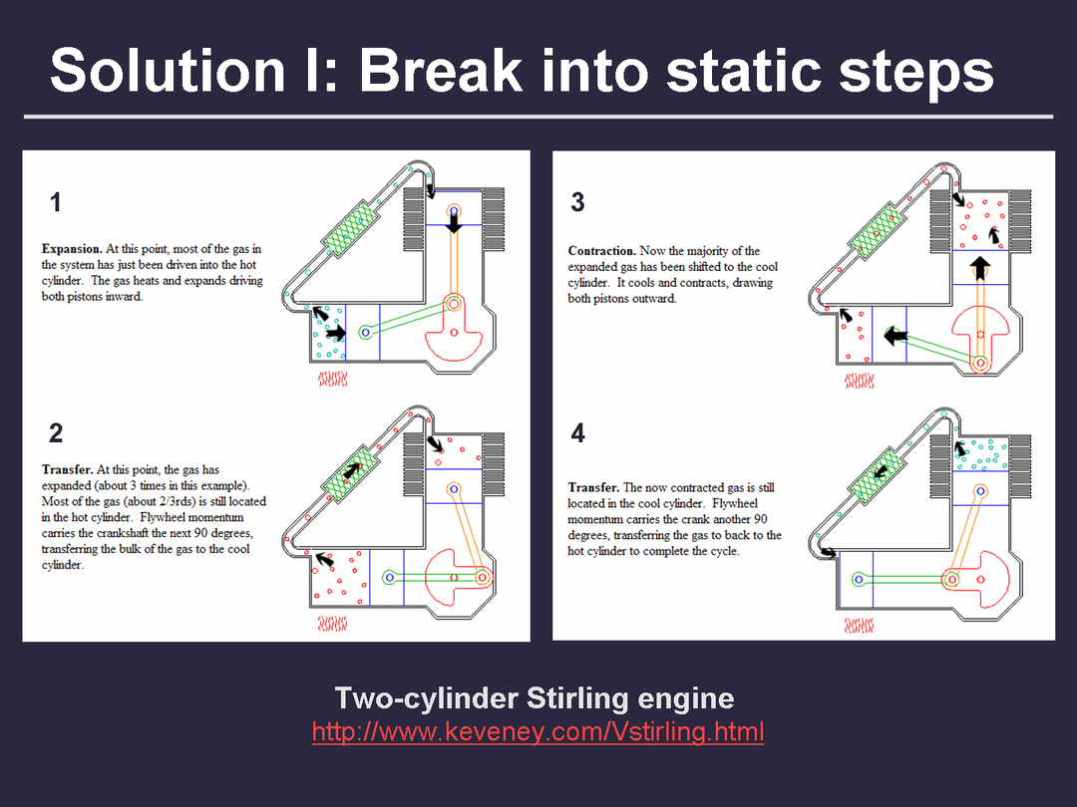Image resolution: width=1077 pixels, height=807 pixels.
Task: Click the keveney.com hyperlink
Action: click(x=538, y=732)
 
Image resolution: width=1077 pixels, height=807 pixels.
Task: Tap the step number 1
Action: click(x=56, y=202)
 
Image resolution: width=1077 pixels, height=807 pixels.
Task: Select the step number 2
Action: click(x=56, y=433)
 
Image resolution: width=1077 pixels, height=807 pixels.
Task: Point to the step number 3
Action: click(x=577, y=202)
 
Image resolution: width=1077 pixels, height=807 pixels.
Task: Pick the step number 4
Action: click(x=577, y=433)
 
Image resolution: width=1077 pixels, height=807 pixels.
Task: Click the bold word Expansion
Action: click(x=72, y=249)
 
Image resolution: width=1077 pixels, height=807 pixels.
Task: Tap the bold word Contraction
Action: click(x=601, y=251)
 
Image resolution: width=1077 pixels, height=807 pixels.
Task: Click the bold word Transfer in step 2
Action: click(x=68, y=470)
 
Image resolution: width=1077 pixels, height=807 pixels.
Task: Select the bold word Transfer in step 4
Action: click(x=594, y=488)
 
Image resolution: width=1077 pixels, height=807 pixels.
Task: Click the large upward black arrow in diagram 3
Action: click(x=981, y=268)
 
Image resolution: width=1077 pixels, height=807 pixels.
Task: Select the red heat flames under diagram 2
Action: click(x=332, y=624)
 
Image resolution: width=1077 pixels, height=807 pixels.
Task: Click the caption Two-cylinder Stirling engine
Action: click(x=535, y=698)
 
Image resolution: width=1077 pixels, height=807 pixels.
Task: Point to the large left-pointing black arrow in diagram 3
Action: click(x=896, y=337)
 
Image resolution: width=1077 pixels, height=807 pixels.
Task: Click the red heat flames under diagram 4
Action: click(x=859, y=625)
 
